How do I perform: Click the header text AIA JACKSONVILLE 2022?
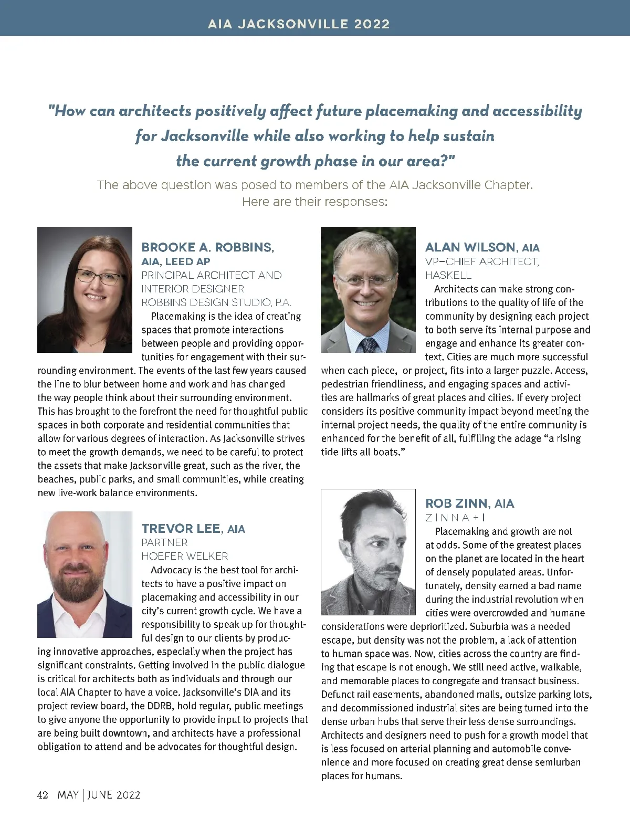coord(299,24)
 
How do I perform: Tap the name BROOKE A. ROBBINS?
coord(207,247)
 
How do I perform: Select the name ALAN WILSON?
coord(470,247)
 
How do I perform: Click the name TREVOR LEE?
coord(181,529)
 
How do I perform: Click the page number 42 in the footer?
coord(43,795)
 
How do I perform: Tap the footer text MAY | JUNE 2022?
coord(99,795)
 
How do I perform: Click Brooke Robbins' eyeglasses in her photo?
coord(98,277)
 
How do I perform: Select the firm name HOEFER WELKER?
coord(185,556)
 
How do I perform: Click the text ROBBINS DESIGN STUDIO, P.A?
coord(216,302)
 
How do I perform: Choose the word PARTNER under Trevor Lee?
coord(164,542)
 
